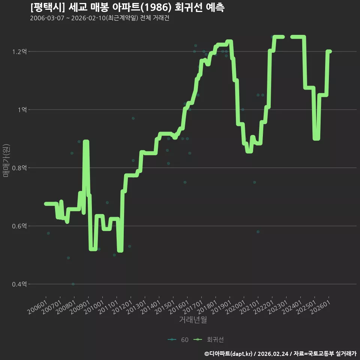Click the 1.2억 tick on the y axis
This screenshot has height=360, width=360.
[x=19, y=52]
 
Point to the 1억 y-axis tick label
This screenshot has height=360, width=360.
[x=22, y=110]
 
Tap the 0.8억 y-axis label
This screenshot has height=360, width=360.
[x=19, y=168]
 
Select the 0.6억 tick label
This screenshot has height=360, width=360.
[x=19, y=226]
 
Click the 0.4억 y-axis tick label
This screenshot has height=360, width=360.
[x=19, y=284]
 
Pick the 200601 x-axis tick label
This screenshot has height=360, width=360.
[x=37, y=307]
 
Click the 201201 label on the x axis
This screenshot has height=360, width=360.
[x=122, y=307]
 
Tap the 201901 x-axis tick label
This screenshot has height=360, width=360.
[x=221, y=307]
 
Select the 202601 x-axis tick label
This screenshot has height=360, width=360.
[x=320, y=307]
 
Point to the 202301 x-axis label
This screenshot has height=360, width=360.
[x=278, y=307]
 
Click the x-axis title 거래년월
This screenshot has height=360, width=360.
[x=193, y=319]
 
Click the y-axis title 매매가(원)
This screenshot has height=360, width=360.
[x=6, y=160]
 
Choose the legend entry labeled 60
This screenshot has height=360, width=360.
[x=178, y=340]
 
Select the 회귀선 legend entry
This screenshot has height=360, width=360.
[x=208, y=340]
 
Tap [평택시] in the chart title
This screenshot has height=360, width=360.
[x=48, y=7]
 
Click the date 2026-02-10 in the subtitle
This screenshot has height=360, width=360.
[x=88, y=18]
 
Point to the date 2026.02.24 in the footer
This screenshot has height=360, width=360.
[x=273, y=354]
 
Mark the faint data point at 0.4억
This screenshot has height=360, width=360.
[x=73, y=284]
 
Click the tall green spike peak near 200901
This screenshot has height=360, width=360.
[x=86, y=141]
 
